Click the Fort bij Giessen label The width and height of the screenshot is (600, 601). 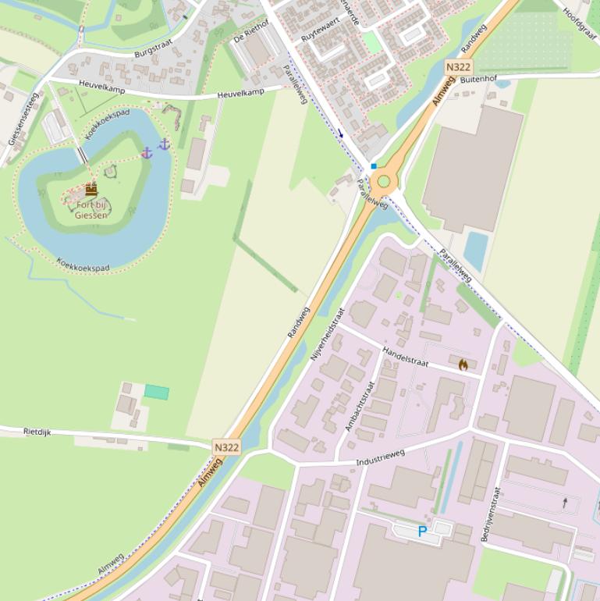pyautogui.click(x=92, y=210)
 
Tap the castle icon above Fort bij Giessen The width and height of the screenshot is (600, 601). pyautogui.click(x=91, y=190)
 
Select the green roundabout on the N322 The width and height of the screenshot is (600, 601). pyautogui.click(x=383, y=183)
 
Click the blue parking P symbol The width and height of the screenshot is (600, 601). pyautogui.click(x=422, y=532)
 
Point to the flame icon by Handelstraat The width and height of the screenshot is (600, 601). pyautogui.click(x=463, y=365)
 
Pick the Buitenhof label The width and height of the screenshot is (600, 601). pyautogui.click(x=478, y=80)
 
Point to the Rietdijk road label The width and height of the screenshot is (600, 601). pyautogui.click(x=37, y=431)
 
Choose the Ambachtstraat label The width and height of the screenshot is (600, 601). pyautogui.click(x=360, y=406)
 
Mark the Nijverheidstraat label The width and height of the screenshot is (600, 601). pyautogui.click(x=327, y=333)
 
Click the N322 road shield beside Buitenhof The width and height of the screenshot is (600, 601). pyautogui.click(x=458, y=68)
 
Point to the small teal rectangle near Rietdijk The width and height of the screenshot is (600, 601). pyautogui.click(x=157, y=393)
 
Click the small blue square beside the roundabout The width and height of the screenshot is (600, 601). pyautogui.click(x=374, y=166)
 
